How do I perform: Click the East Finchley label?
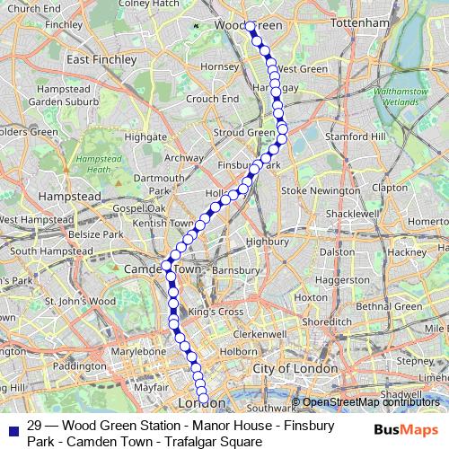point(101,59)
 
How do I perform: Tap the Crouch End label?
point(212,98)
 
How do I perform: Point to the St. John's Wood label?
point(81,301)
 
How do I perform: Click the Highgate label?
point(145,136)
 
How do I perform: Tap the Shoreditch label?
point(321,321)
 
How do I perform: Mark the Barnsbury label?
point(238,269)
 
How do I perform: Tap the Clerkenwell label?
point(263,333)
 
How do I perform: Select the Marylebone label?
point(138,351)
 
